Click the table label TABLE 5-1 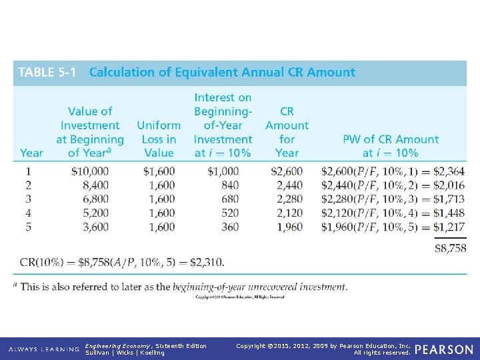47,73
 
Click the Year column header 31,153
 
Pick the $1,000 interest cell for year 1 223,171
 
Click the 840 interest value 229,185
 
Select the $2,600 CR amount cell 287,171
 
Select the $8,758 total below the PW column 450,248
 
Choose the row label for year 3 28,199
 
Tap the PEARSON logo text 445,349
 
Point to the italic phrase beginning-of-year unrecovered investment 259,287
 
